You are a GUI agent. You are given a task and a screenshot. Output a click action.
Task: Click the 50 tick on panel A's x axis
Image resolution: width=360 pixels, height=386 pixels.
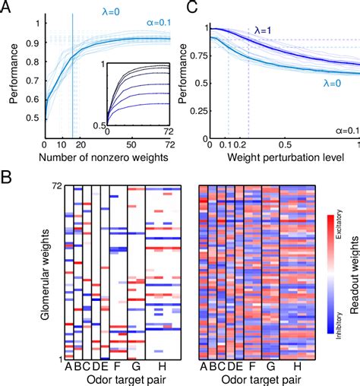click(132, 143)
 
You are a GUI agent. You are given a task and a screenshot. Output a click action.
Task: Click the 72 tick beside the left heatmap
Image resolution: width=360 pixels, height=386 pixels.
click(56, 185)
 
